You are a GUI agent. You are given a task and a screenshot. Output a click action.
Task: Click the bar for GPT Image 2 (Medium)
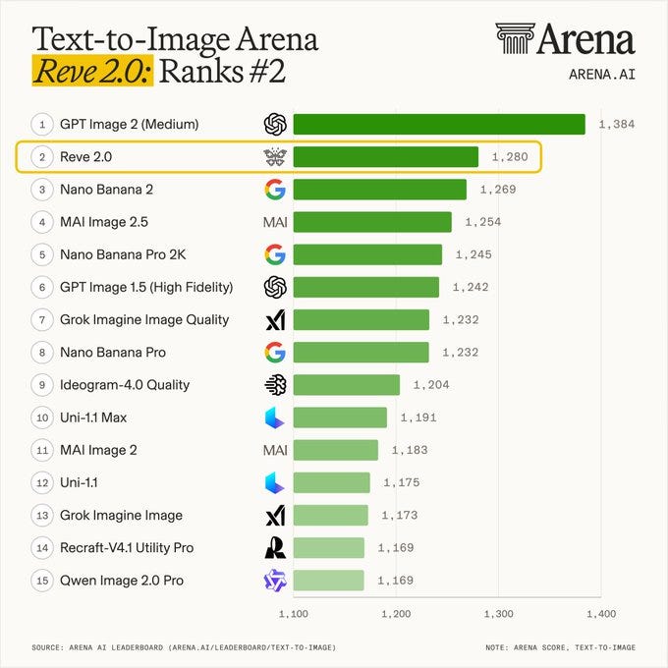(x=439, y=125)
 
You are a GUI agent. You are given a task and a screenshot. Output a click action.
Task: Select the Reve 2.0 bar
(x=386, y=157)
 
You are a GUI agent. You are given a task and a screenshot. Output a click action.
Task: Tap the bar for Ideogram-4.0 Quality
(x=347, y=385)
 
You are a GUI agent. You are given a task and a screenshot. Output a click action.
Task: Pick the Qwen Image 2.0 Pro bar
(x=329, y=581)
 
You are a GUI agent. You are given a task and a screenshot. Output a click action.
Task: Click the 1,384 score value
(x=617, y=125)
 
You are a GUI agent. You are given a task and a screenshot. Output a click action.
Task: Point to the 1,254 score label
(x=482, y=222)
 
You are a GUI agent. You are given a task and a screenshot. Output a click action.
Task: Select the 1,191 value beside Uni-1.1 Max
(x=418, y=417)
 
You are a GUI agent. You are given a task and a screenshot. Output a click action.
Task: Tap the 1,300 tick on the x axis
(x=498, y=614)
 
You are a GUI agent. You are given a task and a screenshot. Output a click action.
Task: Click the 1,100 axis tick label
(x=294, y=614)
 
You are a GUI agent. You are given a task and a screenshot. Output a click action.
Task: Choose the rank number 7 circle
(x=42, y=320)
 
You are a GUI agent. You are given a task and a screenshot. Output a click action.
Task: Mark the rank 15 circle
(x=42, y=581)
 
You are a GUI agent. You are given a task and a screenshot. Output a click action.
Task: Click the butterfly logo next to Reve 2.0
(x=275, y=157)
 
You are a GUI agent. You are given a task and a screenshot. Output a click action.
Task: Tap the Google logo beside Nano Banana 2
(x=275, y=190)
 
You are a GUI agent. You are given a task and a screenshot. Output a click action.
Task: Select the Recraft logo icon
(x=275, y=548)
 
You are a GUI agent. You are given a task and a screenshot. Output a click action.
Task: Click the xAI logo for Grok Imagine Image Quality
(x=275, y=320)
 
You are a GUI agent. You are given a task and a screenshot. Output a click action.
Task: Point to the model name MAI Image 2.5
(x=104, y=222)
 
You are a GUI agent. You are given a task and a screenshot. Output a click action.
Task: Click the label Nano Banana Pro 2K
(x=123, y=254)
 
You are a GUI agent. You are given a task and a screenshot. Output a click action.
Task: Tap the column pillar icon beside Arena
(x=515, y=38)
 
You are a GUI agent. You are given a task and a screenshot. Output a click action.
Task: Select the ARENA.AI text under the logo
(x=602, y=75)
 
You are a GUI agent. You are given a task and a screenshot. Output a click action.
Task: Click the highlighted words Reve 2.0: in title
(x=92, y=71)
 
